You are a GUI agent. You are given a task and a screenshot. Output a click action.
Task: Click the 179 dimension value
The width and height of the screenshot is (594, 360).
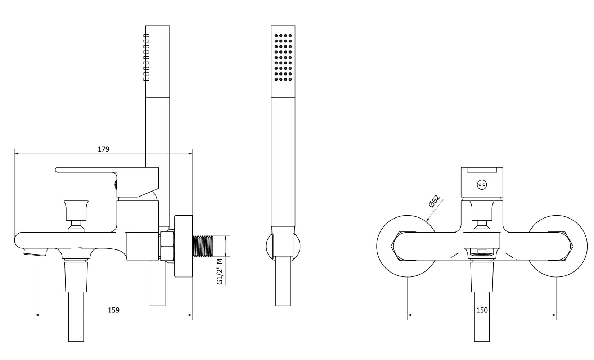[104, 149]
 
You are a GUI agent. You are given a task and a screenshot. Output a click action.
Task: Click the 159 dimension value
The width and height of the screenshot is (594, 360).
[114, 310]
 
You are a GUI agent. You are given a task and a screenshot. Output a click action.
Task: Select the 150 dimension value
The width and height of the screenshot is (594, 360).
[482, 310]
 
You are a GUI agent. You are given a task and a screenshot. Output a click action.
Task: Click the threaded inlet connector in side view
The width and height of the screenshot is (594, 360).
[203, 246]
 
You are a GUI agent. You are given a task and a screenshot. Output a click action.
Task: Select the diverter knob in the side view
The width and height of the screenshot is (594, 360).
[76, 210]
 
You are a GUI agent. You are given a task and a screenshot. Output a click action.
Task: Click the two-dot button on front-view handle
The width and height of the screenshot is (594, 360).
[482, 185]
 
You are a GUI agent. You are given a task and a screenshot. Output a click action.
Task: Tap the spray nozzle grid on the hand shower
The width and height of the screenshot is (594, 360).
[283, 58]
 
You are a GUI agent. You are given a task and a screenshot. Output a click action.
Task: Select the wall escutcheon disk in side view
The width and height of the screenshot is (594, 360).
[184, 246]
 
